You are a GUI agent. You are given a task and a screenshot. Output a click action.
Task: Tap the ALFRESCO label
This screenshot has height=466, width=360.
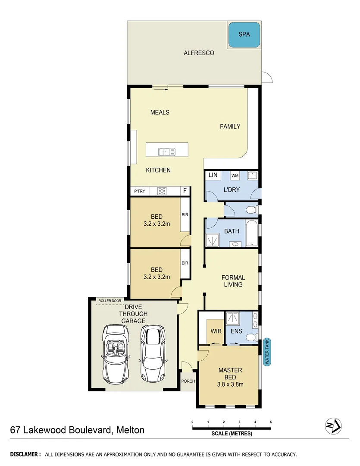[x=199, y=53]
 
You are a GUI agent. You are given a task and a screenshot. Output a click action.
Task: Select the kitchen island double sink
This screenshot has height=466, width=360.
[x=167, y=151]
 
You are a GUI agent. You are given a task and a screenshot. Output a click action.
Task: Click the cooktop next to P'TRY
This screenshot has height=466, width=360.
[x=163, y=191]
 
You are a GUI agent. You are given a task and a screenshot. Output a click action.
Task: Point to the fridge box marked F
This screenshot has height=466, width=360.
[x=185, y=191]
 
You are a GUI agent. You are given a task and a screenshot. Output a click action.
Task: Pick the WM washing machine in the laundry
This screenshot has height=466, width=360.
[x=235, y=176]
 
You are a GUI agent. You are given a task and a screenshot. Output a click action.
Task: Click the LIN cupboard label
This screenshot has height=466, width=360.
[x=213, y=175]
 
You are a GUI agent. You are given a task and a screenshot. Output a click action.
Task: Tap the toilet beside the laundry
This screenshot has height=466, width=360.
[x=250, y=210]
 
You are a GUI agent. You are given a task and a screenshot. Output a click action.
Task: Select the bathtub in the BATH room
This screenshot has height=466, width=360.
[x=252, y=233]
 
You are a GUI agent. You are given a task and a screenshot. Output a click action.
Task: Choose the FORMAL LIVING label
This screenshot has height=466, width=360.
[x=233, y=281]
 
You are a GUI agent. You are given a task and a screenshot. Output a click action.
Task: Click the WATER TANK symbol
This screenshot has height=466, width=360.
[x=267, y=352]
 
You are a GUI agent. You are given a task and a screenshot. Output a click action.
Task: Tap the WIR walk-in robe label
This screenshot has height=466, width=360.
[x=216, y=331]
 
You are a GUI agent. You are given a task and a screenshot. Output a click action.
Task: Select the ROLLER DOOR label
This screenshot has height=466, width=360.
[x=107, y=300]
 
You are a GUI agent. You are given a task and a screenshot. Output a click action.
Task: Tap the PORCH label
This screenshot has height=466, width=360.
[x=188, y=381]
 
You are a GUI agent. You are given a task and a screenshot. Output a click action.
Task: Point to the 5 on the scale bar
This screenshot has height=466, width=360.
[x=271, y=422]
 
